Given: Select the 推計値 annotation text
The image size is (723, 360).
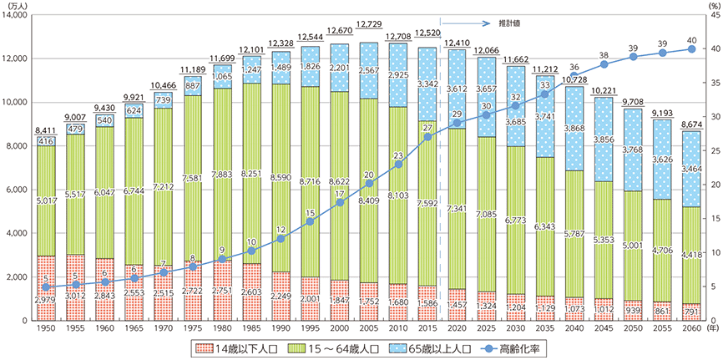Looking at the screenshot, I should tap(505, 23).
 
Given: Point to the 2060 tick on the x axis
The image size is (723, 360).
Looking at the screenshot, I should tap(691, 330).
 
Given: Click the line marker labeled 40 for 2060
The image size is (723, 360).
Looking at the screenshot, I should tap(691, 49).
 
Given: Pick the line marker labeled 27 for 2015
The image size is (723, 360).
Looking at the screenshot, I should tap(428, 137).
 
